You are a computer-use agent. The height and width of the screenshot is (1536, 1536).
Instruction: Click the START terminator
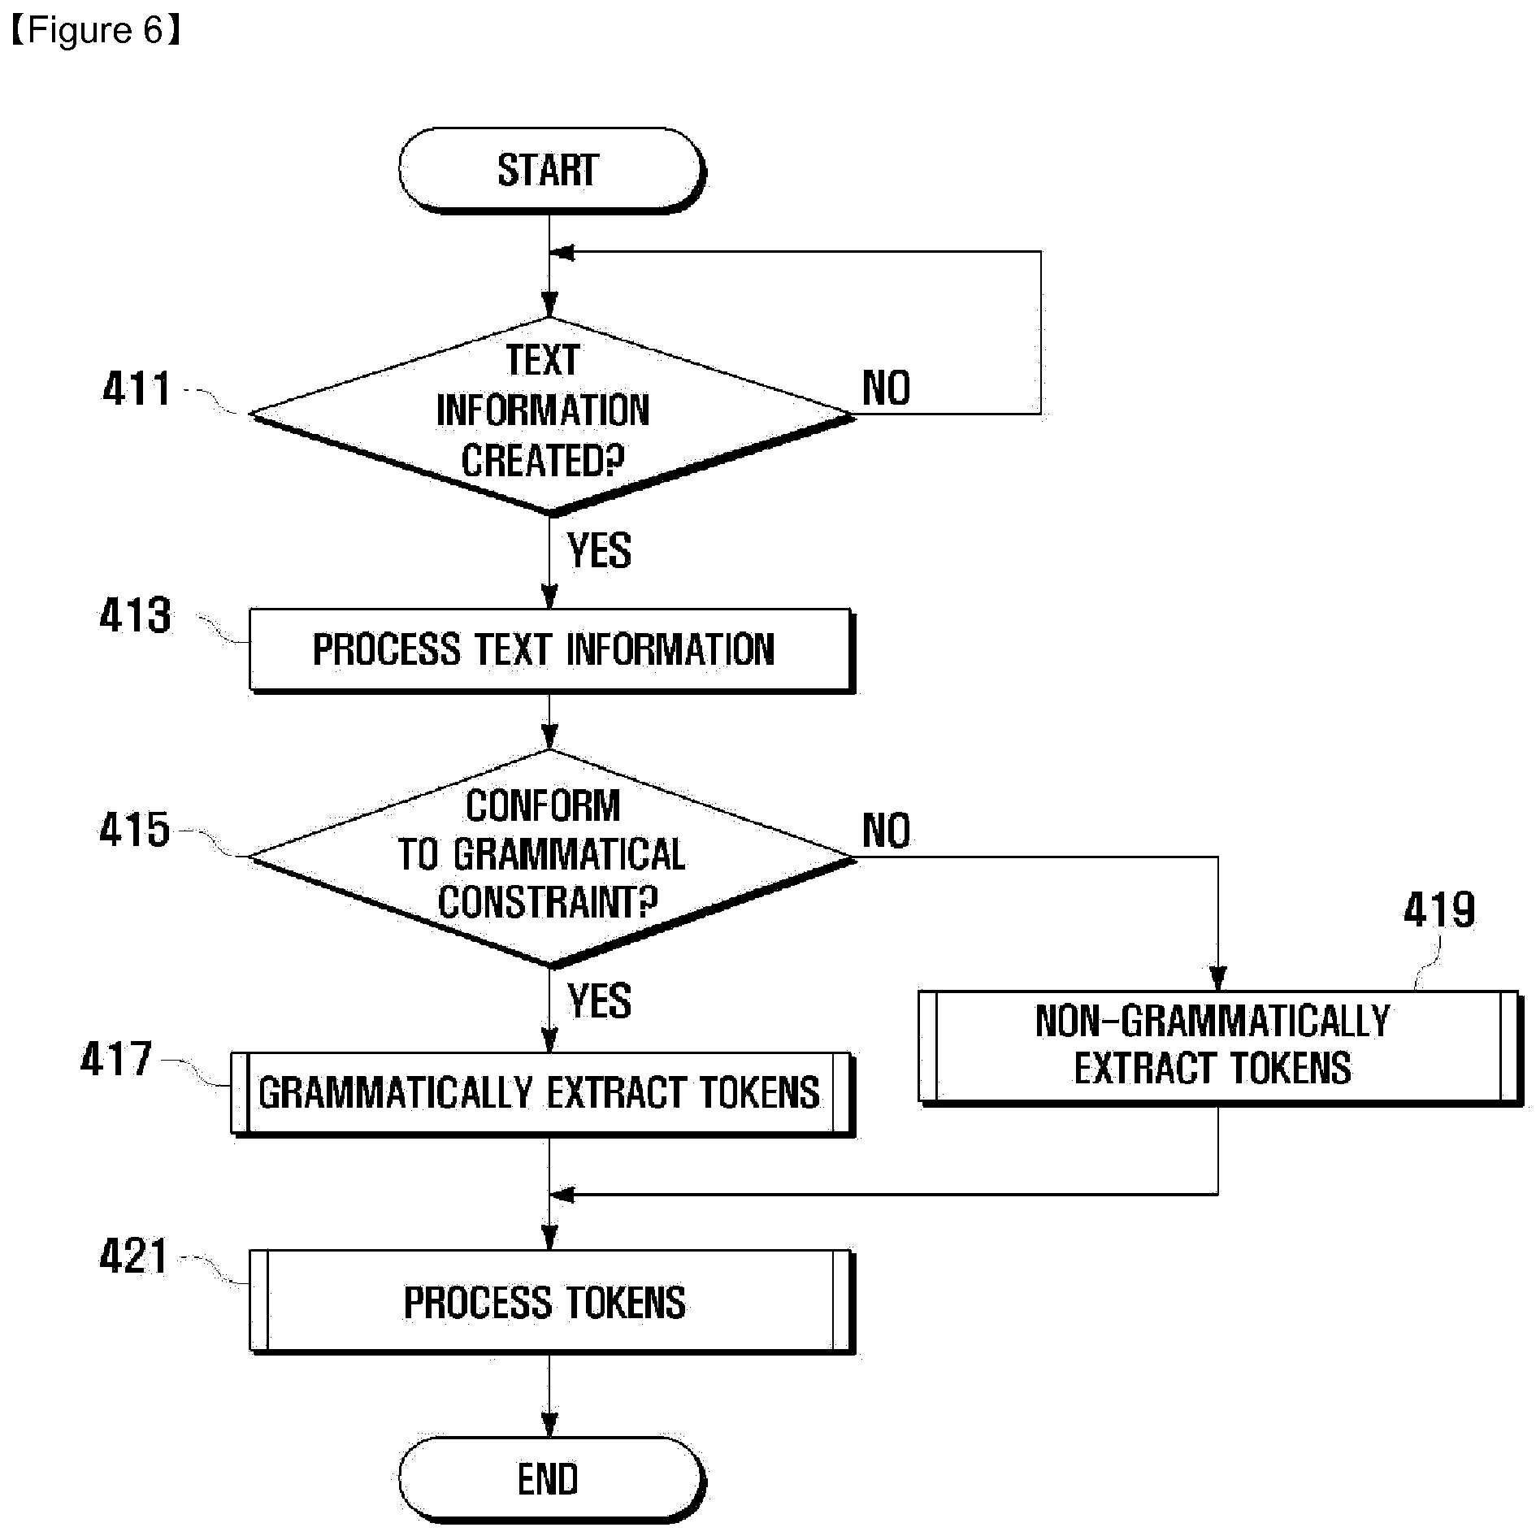(x=551, y=171)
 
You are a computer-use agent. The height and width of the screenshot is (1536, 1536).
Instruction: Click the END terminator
(x=551, y=1479)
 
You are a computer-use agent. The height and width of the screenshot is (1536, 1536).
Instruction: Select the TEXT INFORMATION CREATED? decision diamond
(x=551, y=415)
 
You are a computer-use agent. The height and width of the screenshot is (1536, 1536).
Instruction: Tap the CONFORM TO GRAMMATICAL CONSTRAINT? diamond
(x=551, y=857)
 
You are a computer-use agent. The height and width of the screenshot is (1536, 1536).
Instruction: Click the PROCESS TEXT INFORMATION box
(x=551, y=650)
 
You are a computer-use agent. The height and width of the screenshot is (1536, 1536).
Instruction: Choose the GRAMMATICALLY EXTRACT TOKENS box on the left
(x=542, y=1093)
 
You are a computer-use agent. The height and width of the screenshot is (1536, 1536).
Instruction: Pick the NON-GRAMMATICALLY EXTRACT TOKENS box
(x=1220, y=1047)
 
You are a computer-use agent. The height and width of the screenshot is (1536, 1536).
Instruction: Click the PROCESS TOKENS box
(x=551, y=1301)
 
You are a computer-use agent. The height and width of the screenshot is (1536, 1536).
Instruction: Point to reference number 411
(x=137, y=388)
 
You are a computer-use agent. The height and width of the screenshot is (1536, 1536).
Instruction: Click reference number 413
(x=136, y=615)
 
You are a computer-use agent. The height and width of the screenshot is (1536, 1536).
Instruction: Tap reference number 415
(x=135, y=831)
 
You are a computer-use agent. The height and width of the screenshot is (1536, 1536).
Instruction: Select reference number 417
(x=116, y=1059)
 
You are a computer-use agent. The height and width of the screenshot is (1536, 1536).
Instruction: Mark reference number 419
(x=1439, y=910)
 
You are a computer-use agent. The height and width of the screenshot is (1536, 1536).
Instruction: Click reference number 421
(x=134, y=1256)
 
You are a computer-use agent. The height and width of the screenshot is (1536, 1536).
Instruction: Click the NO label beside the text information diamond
(x=886, y=388)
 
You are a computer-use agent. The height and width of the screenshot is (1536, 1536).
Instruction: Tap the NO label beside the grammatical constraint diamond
(x=886, y=831)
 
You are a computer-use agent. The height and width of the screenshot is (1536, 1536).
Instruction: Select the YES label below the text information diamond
(x=599, y=551)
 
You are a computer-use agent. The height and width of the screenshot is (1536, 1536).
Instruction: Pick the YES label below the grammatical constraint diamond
(x=599, y=1001)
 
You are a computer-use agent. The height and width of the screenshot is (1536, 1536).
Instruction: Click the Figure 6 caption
(x=94, y=31)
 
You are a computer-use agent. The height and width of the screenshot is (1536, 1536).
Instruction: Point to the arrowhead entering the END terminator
(x=550, y=1426)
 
